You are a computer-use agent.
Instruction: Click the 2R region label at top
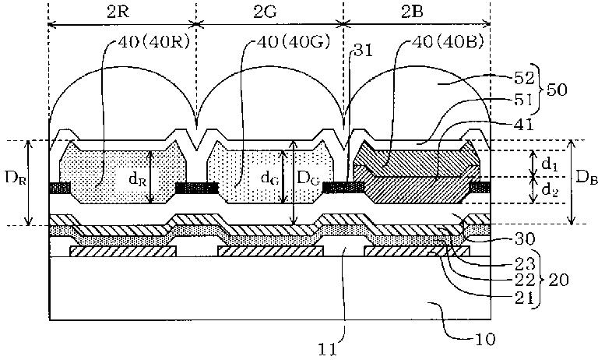tap(118, 12)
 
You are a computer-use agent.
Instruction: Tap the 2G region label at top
tap(266, 12)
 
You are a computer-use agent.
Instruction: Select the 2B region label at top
tap(412, 12)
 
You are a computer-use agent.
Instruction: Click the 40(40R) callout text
tap(153, 42)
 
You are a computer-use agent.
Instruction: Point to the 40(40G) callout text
tap(294, 42)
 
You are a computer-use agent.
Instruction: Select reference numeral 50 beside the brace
tap(557, 90)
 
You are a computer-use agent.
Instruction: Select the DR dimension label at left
tap(16, 178)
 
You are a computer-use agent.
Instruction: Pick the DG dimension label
tap(309, 178)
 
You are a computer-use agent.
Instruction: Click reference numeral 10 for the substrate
tap(485, 339)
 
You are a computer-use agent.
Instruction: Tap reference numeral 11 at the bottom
tap(329, 349)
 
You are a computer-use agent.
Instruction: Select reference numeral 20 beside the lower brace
tap(558, 281)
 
